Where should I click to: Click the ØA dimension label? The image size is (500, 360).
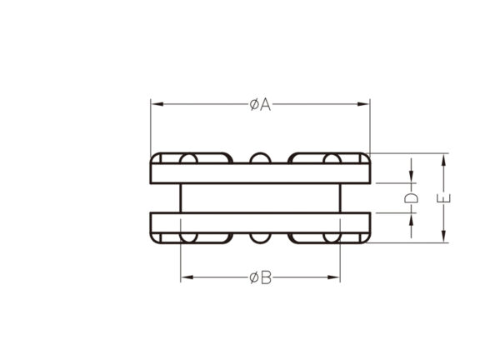(260, 105)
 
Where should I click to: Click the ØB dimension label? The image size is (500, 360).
(261, 277)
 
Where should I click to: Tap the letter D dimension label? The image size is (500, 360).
(411, 198)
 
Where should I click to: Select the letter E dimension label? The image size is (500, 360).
(443, 198)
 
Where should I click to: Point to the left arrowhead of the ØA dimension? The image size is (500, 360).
(157, 104)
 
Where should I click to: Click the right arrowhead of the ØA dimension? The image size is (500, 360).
(363, 104)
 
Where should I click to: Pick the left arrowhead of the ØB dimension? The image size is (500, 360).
(187, 277)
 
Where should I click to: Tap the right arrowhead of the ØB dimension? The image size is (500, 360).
(333, 277)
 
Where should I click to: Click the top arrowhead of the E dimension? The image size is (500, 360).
(443, 160)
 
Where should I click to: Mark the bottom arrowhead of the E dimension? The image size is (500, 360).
(443, 237)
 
